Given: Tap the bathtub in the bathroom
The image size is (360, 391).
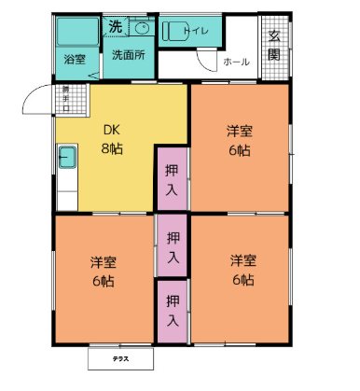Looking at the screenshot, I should coord(75,33).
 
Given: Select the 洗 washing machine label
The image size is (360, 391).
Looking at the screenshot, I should coord(115,24).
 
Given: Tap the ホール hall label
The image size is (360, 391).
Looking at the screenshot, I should coord(236,62).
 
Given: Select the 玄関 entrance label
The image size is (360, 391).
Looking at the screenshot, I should coord(275,46).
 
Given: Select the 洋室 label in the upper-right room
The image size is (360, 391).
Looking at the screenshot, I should coord(239,131).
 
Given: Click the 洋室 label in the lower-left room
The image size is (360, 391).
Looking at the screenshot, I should coord(103,260).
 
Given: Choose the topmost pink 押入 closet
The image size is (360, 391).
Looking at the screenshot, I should coord(172,179).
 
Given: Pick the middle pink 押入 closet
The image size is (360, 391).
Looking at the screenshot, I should coord(173,245).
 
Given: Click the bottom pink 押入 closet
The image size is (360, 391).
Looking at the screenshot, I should coord(173,310).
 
